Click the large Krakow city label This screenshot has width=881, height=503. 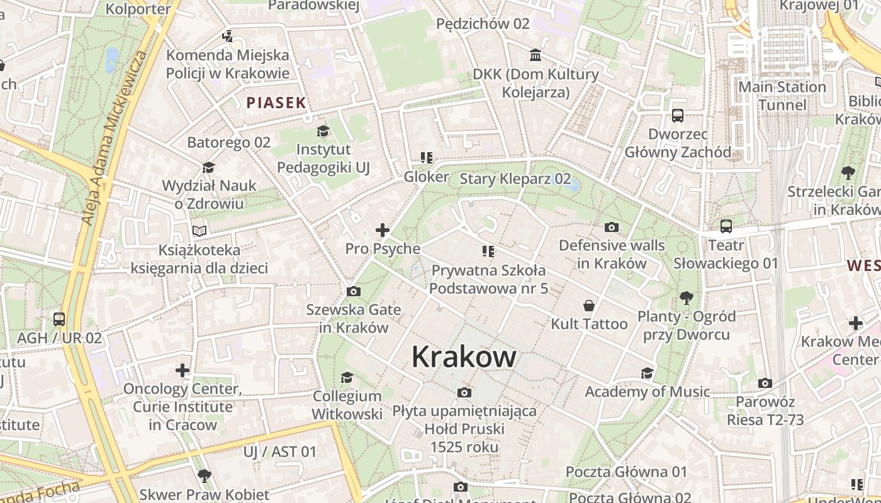coord(464,357)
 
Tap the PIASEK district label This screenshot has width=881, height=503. coord(276,103)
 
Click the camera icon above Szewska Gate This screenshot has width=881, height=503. coord(354,291)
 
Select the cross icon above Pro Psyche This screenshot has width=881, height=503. coord(382,230)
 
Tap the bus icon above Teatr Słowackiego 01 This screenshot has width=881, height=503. coord(726,226)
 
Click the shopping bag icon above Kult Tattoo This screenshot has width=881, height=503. coord(589,306)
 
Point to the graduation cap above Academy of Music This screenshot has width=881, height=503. coord(647,373)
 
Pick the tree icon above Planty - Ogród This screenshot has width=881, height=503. coord(686,297)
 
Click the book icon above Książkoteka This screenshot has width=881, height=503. coord(199,231)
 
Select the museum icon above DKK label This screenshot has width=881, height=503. coord(536,55)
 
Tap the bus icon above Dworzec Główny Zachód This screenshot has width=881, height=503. coord(678,116)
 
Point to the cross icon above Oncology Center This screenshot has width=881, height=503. coord(182,370)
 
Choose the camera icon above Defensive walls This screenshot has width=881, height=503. coord(611,227)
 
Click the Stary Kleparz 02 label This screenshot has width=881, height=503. coord(515,179)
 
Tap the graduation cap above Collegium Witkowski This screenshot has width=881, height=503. coord(347,377)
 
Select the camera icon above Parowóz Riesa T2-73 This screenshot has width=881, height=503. coord(765,383)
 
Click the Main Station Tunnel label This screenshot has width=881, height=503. coord(782,96)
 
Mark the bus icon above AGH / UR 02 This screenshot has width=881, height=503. coord(59,319)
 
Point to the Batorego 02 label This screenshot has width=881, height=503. coord(228,142)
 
